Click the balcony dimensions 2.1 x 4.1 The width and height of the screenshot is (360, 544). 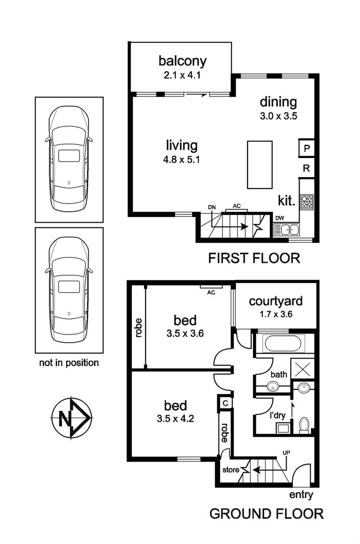(182, 75)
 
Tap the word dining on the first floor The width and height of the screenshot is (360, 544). (278, 103)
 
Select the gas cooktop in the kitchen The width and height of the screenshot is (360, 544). (307, 202)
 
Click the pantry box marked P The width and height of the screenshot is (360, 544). (306, 148)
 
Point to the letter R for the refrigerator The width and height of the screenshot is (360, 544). (306, 168)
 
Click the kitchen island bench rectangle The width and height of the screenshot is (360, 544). (260, 165)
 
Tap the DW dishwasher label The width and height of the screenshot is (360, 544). (280, 218)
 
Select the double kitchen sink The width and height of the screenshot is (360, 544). (287, 229)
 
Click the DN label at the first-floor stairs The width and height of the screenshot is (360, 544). (212, 207)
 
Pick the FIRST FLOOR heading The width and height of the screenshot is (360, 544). (254, 258)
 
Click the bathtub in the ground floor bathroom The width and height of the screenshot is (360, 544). (283, 344)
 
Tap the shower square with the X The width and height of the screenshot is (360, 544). (302, 368)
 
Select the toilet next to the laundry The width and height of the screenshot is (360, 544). (304, 425)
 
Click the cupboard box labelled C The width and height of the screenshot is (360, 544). (225, 403)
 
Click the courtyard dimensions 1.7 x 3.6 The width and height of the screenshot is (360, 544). (276, 314)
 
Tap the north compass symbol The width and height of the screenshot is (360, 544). (72, 418)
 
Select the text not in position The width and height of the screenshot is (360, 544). (69, 363)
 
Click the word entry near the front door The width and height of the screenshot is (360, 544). (301, 495)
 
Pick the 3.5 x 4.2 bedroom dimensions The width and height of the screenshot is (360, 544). (175, 419)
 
